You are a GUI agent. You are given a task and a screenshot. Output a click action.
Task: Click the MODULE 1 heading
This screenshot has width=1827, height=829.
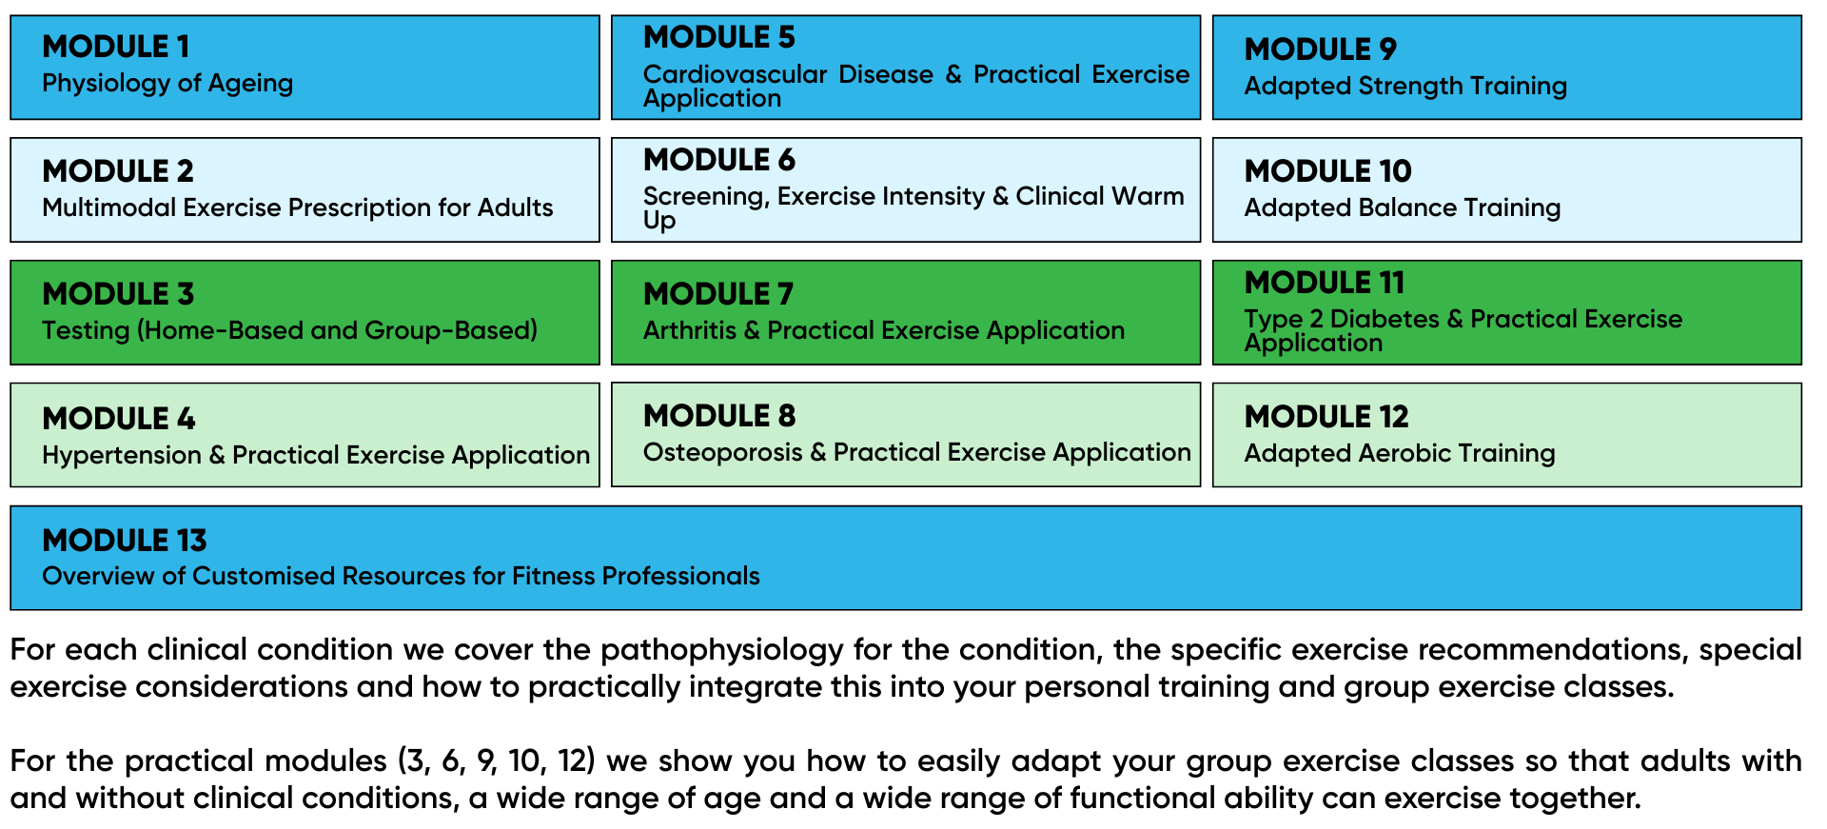pyautogui.click(x=116, y=47)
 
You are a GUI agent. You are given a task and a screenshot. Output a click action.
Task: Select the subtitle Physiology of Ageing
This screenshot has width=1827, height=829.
pyautogui.click(x=167, y=84)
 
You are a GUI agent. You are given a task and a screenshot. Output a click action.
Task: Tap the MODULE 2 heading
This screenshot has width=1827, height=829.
pyautogui.click(x=118, y=171)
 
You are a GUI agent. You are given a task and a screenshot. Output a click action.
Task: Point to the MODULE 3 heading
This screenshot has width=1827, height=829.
pyautogui.click(x=118, y=294)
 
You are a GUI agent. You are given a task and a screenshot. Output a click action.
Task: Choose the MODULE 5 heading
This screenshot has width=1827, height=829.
pyautogui.click(x=719, y=37)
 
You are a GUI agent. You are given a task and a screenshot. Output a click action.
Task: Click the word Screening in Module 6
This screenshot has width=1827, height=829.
pyautogui.click(x=705, y=197)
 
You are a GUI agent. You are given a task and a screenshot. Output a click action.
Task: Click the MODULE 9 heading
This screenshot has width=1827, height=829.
pyautogui.click(x=1321, y=49)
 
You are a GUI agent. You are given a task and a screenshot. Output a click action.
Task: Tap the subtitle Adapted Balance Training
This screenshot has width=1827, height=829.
pyautogui.click(x=1403, y=208)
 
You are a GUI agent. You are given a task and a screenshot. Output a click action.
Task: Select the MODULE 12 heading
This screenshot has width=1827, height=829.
pyautogui.click(x=1326, y=417)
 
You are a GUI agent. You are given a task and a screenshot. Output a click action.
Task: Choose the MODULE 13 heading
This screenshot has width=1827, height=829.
pyautogui.click(x=125, y=541)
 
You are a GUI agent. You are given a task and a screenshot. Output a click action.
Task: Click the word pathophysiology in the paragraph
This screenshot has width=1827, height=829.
pyautogui.click(x=722, y=650)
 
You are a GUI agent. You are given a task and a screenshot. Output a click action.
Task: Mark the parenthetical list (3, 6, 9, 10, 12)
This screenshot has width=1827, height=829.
pyautogui.click(x=496, y=761)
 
